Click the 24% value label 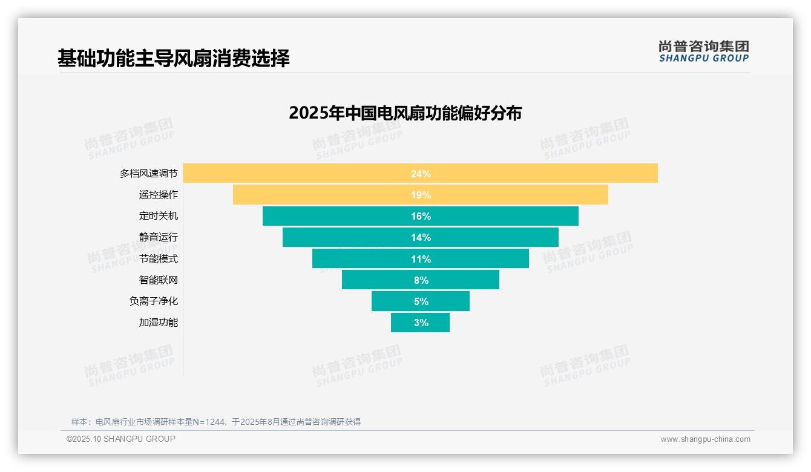[x=421, y=174]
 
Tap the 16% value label [x=421, y=216]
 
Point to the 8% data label [x=421, y=280]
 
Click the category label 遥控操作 [x=159, y=195]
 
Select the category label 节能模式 [x=159, y=258]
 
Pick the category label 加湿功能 [x=159, y=323]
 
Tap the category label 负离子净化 [x=154, y=301]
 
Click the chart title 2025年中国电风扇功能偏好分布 [x=405, y=113]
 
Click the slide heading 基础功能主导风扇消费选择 [x=174, y=58]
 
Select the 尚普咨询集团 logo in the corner [x=703, y=51]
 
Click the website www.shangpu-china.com [x=705, y=439]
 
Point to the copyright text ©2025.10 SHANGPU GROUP [x=121, y=439]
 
